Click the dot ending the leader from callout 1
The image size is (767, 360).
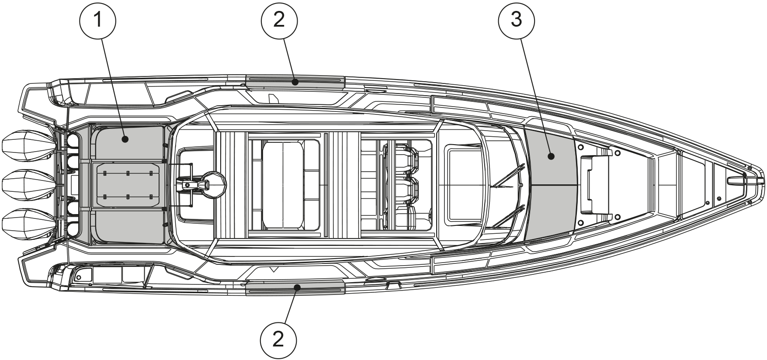tap(125, 139)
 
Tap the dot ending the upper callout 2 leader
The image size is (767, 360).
tap(296, 81)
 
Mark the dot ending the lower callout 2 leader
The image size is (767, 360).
tap(297, 287)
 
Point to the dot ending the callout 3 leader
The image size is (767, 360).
tap(551, 156)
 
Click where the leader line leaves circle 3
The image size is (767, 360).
tap(521, 38)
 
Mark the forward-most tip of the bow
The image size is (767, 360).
tap(764, 180)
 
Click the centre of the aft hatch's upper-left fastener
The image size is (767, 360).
tap(105, 173)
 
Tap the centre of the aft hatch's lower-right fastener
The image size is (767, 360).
tap(151, 197)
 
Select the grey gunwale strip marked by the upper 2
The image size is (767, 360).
tap(295, 82)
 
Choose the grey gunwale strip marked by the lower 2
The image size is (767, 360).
tap(295, 287)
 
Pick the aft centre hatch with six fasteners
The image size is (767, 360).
tap(128, 185)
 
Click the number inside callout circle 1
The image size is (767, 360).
tap(98, 20)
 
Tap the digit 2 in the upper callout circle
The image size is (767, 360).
tap(279, 20)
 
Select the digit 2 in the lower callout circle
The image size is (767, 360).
tap(278, 339)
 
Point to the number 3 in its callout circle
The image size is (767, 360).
tap(516, 20)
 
